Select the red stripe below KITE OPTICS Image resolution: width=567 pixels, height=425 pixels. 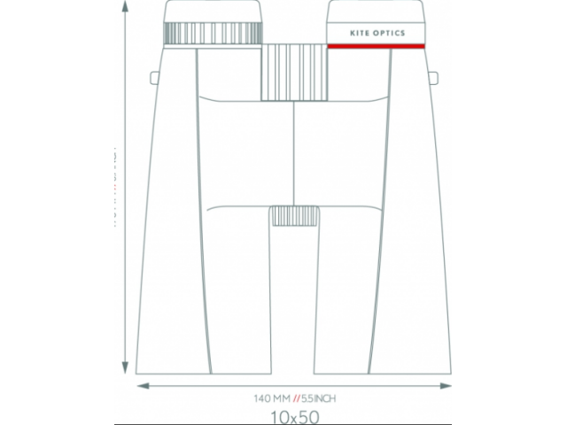pos(375,46)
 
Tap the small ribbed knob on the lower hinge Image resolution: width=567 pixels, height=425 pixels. pos(295,216)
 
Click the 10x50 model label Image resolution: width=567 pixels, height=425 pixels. pos(294,414)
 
